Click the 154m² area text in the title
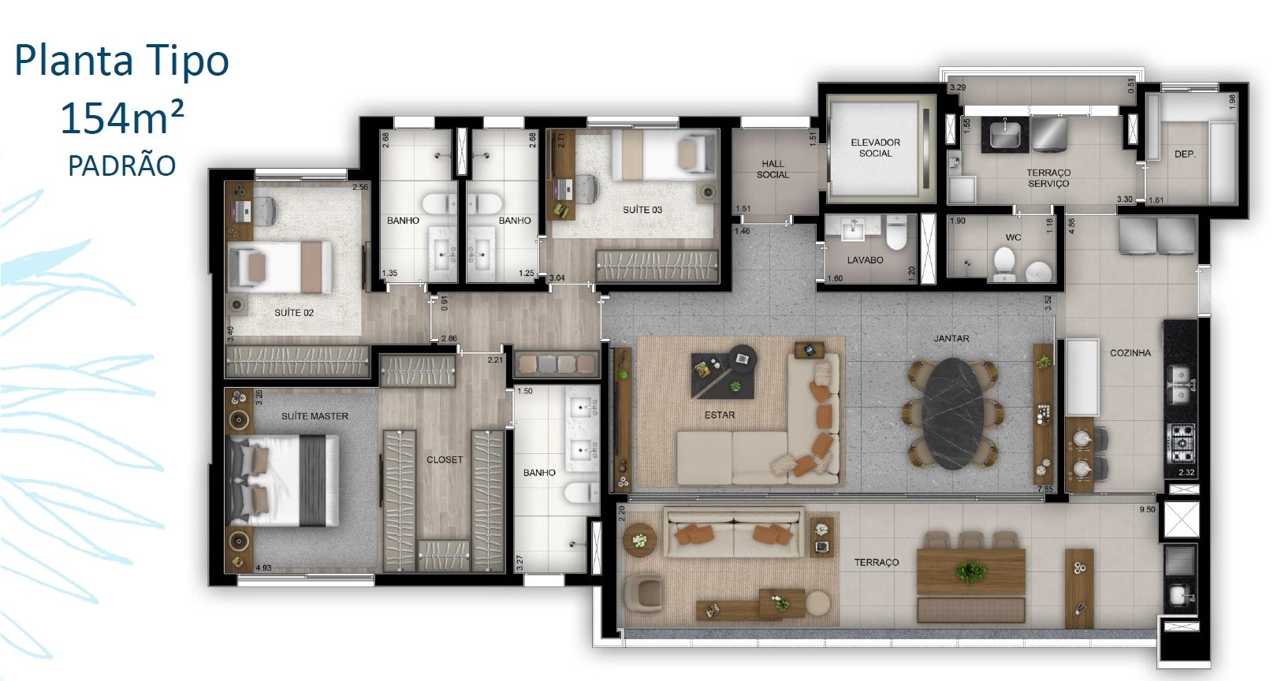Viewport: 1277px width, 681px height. tap(121, 117)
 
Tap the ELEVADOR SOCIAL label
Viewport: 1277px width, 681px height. tap(875, 147)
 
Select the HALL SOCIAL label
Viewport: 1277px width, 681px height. tap(773, 169)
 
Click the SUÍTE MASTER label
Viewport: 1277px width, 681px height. tap(315, 416)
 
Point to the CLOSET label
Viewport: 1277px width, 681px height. tap(445, 460)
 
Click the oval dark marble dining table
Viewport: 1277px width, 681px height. tap(953, 413)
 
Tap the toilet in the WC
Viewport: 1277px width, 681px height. tap(1004, 264)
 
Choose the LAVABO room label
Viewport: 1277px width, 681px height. tap(865, 260)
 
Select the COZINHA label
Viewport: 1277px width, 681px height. tap(1130, 353)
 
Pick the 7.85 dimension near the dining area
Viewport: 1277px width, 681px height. tap(1045, 489)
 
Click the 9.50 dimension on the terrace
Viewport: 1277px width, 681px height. tap(1147, 509)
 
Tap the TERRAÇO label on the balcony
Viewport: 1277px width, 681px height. tap(877, 563)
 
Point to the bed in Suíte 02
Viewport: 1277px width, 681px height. tap(280, 266)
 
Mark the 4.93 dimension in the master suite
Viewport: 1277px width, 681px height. tap(263, 567)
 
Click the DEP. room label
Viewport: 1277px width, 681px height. tap(1185, 154)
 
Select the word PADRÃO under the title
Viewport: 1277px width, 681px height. tap(121, 166)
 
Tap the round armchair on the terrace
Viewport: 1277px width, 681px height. tap(644, 594)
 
